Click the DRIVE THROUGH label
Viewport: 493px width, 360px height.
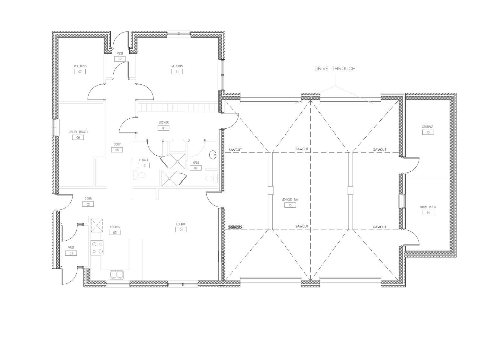click(335, 69)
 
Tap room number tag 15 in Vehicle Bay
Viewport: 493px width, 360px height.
click(290, 205)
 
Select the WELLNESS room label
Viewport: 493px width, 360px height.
click(80, 66)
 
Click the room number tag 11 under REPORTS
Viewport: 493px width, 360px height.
click(177, 72)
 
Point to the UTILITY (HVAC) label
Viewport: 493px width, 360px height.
click(78, 132)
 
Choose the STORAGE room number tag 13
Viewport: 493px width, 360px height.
click(428, 132)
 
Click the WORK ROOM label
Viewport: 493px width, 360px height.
click(428, 207)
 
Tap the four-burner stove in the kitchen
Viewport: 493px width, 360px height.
click(97, 248)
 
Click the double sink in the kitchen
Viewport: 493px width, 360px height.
click(117, 275)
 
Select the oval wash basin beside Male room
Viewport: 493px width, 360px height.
click(212, 155)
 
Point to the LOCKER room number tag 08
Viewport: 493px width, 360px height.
click(163, 128)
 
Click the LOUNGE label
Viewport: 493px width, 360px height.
click(181, 224)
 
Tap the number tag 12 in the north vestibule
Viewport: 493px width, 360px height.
click(120, 59)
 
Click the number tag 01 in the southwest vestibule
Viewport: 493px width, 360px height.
click(71, 253)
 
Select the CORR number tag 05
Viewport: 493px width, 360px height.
click(117, 150)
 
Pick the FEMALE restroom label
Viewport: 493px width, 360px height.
click(144, 160)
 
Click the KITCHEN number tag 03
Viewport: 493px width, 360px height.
click(115, 232)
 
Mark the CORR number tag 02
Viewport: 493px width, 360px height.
click(88, 204)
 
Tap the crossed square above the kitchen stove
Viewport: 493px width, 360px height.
click(97, 225)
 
